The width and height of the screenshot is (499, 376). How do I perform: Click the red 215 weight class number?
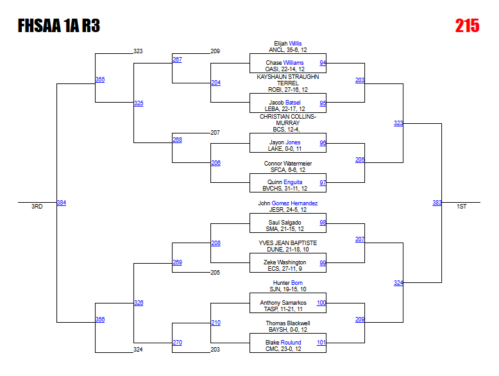[467, 25]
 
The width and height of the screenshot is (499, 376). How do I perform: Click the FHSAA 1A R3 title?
[59, 26]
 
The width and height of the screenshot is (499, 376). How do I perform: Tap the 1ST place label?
[461, 207]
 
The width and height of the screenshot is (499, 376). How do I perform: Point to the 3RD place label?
[37, 207]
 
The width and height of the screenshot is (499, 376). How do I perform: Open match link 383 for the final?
[437, 203]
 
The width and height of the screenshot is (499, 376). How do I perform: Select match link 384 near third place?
[62, 203]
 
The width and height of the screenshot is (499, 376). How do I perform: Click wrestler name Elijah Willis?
[287, 44]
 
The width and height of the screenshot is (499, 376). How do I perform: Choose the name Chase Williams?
[285, 63]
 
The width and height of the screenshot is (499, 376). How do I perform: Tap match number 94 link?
[323, 63]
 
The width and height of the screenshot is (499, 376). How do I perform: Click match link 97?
[323, 182]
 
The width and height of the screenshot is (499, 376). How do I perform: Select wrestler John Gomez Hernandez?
[287, 203]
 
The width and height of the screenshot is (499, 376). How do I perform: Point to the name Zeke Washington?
[285, 262]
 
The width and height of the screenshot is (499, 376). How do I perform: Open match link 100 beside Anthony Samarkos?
[321, 302]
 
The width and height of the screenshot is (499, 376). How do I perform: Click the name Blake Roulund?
[283, 343]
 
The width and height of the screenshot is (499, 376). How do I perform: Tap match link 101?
[321, 343]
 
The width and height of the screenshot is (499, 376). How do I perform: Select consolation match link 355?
[100, 80]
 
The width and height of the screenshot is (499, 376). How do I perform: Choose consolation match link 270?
[177, 343]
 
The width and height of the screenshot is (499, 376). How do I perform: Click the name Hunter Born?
[287, 283]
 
